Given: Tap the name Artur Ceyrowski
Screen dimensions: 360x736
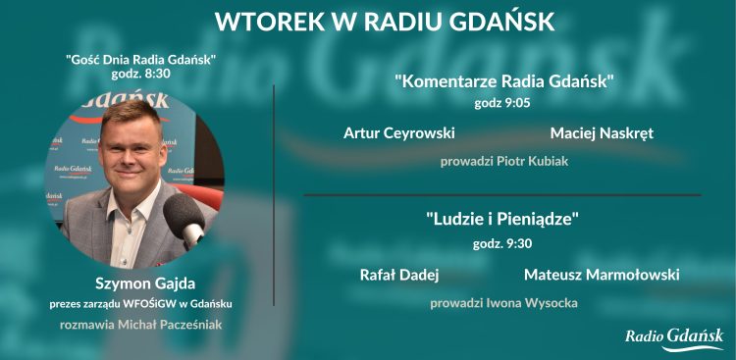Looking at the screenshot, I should coord(398,132).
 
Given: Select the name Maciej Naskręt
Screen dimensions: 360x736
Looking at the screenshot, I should coord(602,132).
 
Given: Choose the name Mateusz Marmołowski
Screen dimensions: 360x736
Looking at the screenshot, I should coord(602,276).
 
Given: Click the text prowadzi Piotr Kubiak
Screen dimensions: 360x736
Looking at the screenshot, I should coord(503,161).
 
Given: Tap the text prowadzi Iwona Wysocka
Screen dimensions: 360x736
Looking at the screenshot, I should coord(503,303).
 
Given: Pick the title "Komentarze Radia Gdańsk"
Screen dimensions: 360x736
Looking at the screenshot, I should coord(503,81).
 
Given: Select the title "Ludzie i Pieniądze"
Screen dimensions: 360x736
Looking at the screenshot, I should coord(503,220).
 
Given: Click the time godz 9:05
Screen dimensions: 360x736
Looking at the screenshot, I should coord(503,100).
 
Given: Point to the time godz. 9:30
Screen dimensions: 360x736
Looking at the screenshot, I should coord(503,242).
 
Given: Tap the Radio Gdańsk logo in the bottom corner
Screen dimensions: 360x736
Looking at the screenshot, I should coord(674,337).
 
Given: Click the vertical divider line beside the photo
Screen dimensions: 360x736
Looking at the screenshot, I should coord(274,196).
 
